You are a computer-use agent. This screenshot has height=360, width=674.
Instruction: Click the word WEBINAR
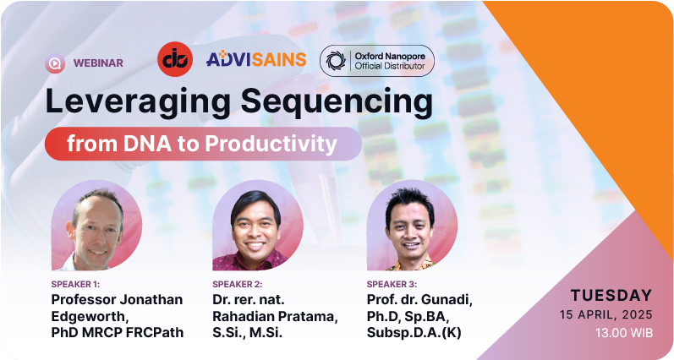[98, 63]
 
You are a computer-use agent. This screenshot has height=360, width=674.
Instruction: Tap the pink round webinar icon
[55, 63]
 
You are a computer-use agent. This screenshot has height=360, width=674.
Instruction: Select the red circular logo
[175, 59]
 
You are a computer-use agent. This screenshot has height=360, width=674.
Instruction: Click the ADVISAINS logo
[256, 59]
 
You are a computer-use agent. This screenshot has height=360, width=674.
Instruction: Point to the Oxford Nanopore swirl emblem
[336, 61]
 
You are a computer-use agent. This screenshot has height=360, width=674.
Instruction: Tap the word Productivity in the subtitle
[271, 144]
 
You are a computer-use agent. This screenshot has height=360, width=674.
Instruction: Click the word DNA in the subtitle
[147, 144]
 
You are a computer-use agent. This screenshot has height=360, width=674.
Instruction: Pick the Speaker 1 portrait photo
[96, 225]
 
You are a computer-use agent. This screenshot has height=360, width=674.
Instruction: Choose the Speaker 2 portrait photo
[258, 225]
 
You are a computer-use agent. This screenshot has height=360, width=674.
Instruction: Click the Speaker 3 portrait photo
[412, 225]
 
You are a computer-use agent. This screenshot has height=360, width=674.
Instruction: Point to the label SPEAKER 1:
[75, 285]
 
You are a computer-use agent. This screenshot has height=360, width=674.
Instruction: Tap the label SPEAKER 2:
[238, 285]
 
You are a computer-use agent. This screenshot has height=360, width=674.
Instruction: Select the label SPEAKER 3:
[392, 285]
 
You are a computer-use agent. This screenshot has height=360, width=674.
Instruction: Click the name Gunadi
[447, 300]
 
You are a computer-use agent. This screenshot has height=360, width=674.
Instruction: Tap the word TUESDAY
[611, 296]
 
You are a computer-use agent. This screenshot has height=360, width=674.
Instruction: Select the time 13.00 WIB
[624, 333]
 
